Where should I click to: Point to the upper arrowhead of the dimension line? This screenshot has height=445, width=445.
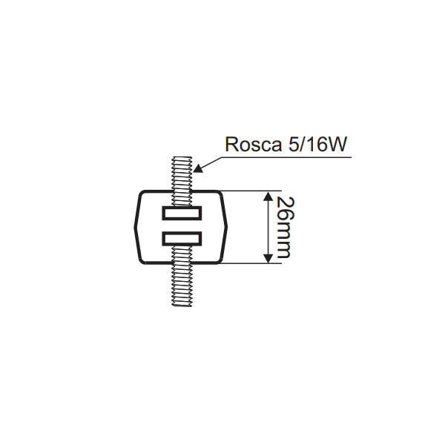click(267, 197)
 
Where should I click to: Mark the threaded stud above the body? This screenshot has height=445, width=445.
click(182, 174)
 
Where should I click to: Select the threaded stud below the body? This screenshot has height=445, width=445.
click(182, 286)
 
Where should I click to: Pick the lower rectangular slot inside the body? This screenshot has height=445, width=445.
click(182, 239)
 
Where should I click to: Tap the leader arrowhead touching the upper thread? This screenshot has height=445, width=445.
click(197, 168)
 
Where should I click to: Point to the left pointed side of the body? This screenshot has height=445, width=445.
click(136, 227)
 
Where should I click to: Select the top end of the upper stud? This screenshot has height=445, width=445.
click(182, 158)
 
